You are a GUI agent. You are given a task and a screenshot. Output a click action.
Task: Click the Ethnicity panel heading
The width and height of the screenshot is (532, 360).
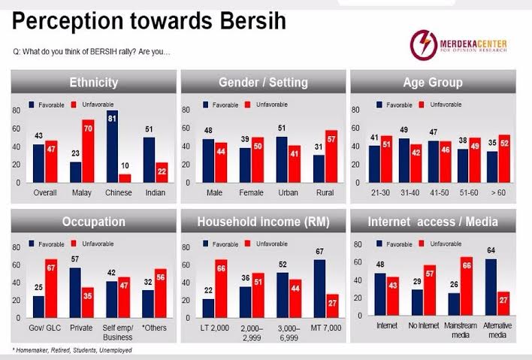tap(94, 82)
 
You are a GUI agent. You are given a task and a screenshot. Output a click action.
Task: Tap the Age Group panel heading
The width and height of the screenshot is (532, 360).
tap(434, 82)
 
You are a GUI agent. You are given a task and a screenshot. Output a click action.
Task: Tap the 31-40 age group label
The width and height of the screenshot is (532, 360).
tap(409, 192)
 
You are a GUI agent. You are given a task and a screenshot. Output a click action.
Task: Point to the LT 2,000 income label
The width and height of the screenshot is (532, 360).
tap(214, 328)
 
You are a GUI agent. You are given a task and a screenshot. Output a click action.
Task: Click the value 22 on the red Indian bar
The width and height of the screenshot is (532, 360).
tap(162, 172)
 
